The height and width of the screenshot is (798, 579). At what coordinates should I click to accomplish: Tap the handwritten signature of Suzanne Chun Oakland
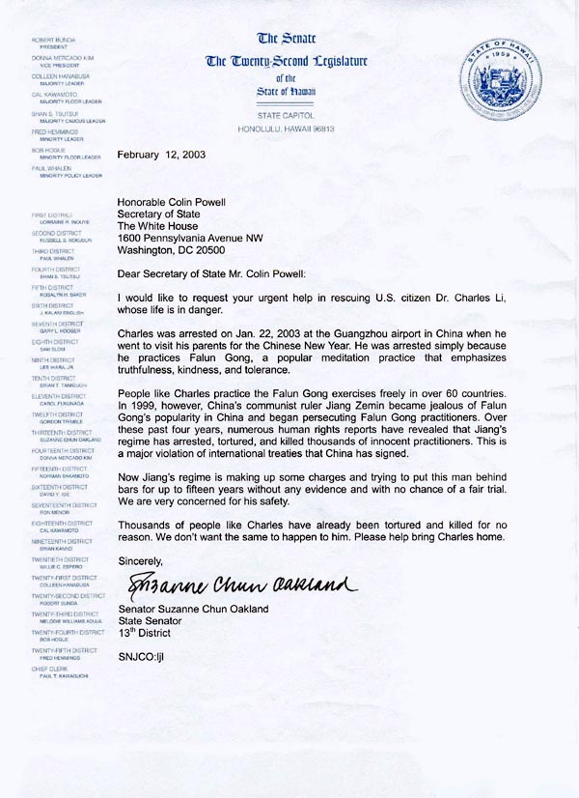coord(235,584)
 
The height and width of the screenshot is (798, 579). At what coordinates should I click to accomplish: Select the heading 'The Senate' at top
coord(286,40)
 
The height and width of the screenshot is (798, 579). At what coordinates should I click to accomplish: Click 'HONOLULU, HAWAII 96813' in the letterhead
coord(286,128)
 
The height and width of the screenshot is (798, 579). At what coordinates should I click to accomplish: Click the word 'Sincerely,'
coord(140,560)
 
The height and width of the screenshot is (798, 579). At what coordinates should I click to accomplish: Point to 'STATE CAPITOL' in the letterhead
coord(286,115)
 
